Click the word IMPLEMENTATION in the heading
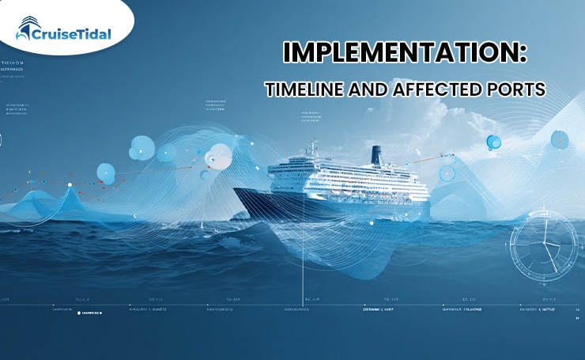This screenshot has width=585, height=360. (404, 54)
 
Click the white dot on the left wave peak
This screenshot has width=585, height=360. (70, 185)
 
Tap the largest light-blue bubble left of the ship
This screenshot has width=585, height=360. (142, 146)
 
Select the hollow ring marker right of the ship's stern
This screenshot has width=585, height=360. (447, 173)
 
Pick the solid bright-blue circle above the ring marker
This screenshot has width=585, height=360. (494, 142)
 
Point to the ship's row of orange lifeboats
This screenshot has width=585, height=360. (348, 187)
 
